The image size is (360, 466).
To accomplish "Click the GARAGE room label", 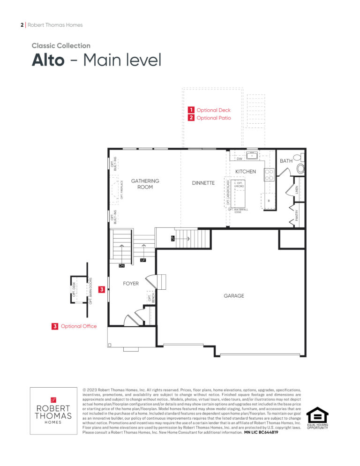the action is pyautogui.click(x=233, y=296).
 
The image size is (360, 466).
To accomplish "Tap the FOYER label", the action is pyautogui.click(x=131, y=284).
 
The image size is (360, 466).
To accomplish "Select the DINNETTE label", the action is pyautogui.click(x=203, y=183).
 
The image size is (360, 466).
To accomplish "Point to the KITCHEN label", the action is pyautogui.click(x=246, y=172).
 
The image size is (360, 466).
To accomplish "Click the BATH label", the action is pyautogui.click(x=286, y=161).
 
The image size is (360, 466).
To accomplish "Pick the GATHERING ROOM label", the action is pyautogui.click(x=145, y=184).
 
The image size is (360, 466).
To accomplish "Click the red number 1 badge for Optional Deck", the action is pyautogui.click(x=191, y=110).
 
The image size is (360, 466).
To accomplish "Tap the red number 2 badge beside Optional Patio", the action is pyautogui.click(x=191, y=118).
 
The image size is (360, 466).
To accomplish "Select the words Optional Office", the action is pyautogui.click(x=79, y=326).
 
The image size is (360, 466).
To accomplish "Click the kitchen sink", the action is pyautogui.click(x=252, y=155).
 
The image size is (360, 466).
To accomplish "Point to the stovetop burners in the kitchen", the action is pyautogui.click(x=269, y=175).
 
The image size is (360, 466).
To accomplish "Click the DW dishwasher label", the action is pyautogui.click(x=240, y=159).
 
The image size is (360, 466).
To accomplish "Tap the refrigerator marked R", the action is pyautogui.click(x=269, y=201).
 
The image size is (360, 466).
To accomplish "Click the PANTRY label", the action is pyautogui.click(x=297, y=216).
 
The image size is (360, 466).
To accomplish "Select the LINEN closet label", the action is pyautogui.click(x=297, y=190).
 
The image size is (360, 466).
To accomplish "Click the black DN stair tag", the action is pyautogui.click(x=121, y=266).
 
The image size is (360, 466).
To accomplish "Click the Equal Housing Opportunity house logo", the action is pyautogui.click(x=317, y=415).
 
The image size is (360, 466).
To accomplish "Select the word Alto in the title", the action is pyautogui.click(x=48, y=60).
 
